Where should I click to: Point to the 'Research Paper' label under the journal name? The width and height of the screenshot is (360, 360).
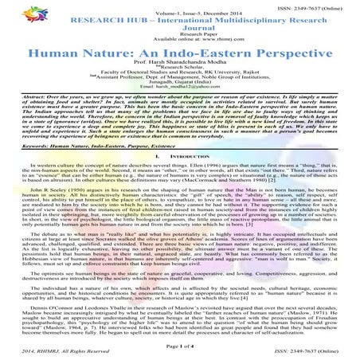pyautogui.click(x=179, y=36)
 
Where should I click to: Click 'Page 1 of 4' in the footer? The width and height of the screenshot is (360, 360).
pyautogui.click(x=179, y=342)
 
